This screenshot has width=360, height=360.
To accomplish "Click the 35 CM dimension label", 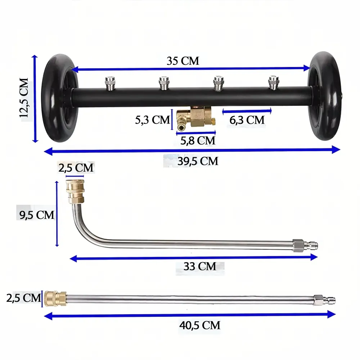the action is [183, 61].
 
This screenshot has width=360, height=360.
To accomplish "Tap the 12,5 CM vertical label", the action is [24, 98].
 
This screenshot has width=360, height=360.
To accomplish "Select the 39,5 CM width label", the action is [198, 161].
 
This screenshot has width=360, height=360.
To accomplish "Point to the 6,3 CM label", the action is [247, 120].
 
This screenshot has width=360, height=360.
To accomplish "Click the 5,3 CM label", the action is [152, 120].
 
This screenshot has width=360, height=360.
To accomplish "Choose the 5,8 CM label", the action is [198, 140].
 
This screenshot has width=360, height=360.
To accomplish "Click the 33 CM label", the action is [200, 266].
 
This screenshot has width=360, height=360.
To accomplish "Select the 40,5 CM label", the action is [200, 325].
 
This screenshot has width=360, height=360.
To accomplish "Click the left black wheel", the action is [60, 98].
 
